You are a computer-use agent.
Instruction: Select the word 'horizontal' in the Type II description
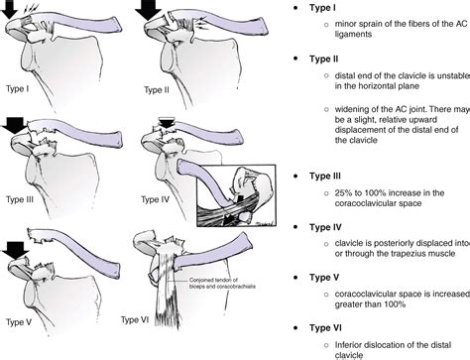(370, 88)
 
